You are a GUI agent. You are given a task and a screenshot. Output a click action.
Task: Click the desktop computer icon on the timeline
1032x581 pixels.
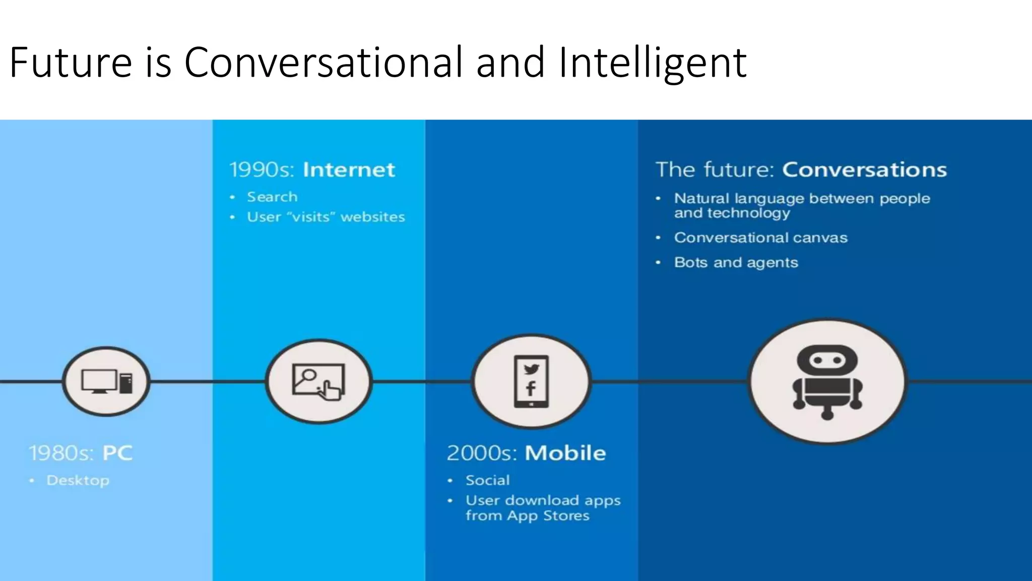tap(106, 381)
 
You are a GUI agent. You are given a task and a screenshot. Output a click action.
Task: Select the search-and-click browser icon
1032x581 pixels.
tap(318, 382)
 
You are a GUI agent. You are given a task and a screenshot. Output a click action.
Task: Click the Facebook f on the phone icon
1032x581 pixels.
tap(531, 389)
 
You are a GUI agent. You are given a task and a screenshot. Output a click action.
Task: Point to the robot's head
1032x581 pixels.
tap(827, 360)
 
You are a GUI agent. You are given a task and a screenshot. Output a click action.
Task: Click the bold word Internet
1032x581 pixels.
tap(349, 170)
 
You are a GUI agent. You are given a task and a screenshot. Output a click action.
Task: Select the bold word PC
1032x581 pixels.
tap(117, 453)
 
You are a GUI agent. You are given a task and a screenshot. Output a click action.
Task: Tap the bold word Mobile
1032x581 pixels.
tap(565, 453)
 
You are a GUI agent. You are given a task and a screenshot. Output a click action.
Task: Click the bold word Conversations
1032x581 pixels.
tap(864, 170)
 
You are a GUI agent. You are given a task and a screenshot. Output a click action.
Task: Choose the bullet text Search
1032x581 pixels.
tap(272, 197)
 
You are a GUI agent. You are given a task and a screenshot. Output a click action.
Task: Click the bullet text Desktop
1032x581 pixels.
tap(78, 481)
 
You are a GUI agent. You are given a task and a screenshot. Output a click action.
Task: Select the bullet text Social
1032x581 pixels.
tap(487, 480)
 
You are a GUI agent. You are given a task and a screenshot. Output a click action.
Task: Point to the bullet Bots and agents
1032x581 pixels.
tap(736, 263)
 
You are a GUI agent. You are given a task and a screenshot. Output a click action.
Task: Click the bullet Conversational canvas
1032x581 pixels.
tap(760, 238)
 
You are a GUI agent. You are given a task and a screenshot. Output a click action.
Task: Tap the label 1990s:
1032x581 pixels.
tap(262, 170)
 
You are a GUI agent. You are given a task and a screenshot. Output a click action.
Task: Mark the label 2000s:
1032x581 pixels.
tap(481, 453)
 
